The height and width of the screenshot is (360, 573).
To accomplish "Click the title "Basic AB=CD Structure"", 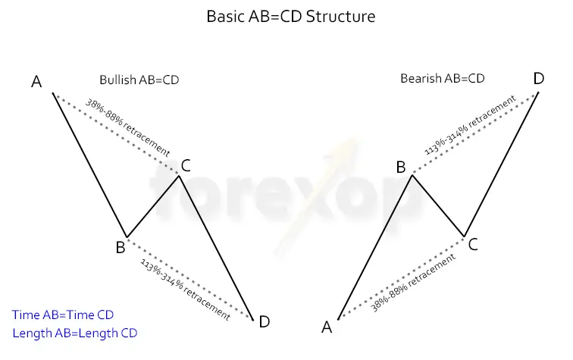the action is click(x=290, y=16).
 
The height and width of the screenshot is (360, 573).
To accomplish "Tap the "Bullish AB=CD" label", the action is click(x=139, y=80).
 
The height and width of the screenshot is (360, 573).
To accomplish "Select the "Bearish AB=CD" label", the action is click(x=442, y=78).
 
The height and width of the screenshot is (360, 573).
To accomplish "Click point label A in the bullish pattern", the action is click(x=36, y=81).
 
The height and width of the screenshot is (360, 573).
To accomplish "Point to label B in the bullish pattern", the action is click(x=120, y=247).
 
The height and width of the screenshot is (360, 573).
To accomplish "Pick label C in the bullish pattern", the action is click(x=186, y=164).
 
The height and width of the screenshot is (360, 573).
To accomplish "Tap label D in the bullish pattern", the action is click(x=264, y=322).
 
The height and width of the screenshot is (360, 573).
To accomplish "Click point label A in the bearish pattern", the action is click(x=327, y=327).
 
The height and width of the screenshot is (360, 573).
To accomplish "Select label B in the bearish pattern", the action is click(x=401, y=167).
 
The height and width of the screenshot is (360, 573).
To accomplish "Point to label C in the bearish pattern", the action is click(x=472, y=244).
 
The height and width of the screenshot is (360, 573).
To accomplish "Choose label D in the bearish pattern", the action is click(x=538, y=79).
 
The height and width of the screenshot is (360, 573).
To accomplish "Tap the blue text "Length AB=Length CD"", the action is click(x=75, y=333).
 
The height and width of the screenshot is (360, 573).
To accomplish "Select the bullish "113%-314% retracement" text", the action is click(x=185, y=289).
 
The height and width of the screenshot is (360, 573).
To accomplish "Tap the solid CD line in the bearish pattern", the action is click(x=501, y=164).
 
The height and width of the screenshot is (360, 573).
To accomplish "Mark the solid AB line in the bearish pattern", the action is click(x=374, y=247).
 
